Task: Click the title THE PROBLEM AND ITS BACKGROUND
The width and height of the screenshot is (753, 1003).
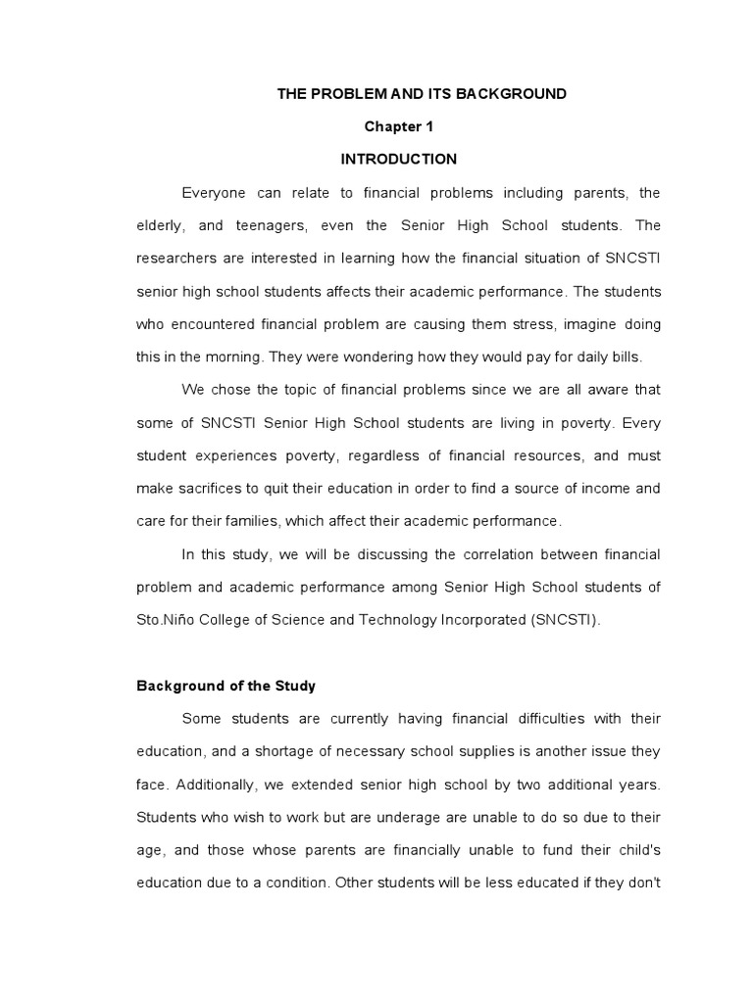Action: point(422,94)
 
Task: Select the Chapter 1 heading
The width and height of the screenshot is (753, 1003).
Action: point(398,126)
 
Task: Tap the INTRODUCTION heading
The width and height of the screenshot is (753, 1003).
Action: point(398,159)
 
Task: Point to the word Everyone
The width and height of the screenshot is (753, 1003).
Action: point(215,193)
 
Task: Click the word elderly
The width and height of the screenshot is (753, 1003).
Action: point(160,226)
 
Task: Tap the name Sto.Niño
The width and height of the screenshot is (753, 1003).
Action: point(169,620)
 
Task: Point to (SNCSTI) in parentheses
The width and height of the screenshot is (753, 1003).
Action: point(557,620)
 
